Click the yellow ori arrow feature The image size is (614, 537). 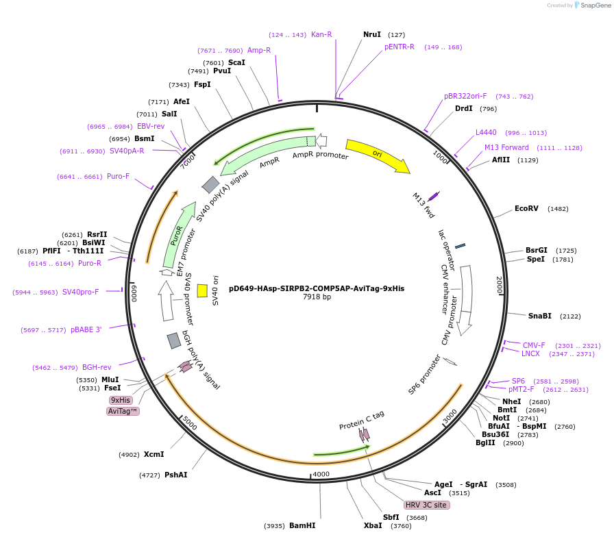pyautogui.click(x=377, y=155)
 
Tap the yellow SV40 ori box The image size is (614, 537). pyautogui.click(x=202, y=290)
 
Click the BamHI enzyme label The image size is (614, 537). pyautogui.click(x=302, y=526)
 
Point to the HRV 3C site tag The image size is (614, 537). pyautogui.click(x=426, y=505)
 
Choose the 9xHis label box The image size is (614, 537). pyautogui.click(x=121, y=400)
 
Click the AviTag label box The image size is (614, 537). pyautogui.click(x=123, y=411)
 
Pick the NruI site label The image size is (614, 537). pyautogui.click(x=372, y=34)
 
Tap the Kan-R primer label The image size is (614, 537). pyautogui.click(x=321, y=34)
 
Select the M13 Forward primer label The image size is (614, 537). pyautogui.click(x=506, y=147)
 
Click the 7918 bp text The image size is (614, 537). pyautogui.click(x=317, y=297)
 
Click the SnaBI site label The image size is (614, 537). pyautogui.click(x=539, y=316)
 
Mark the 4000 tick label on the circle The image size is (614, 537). pyautogui.click(x=321, y=474)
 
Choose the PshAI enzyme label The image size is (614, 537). pyautogui.click(x=175, y=475)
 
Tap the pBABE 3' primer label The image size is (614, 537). pyautogui.click(x=86, y=329)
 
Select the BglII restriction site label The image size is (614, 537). pyautogui.click(x=485, y=443)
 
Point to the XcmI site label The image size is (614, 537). pyautogui.click(x=153, y=454)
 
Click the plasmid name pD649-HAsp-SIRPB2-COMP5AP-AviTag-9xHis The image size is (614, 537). pyautogui.click(x=317, y=288)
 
